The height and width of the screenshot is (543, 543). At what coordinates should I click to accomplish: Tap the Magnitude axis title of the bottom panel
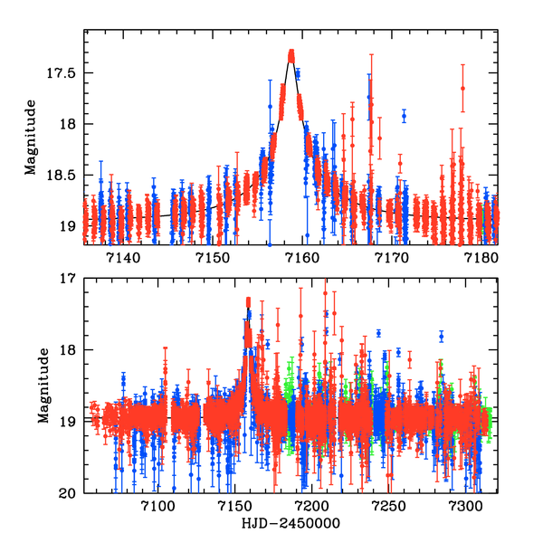pyautogui.click(x=43, y=386)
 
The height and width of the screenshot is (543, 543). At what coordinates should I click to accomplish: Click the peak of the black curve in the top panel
pyautogui.click(x=291, y=54)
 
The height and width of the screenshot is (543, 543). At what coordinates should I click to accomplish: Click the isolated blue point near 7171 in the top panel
pyautogui.click(x=404, y=116)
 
